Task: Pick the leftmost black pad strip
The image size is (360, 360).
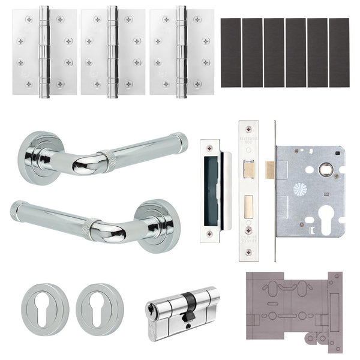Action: [230, 53]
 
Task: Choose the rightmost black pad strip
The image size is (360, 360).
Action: [339, 53]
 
